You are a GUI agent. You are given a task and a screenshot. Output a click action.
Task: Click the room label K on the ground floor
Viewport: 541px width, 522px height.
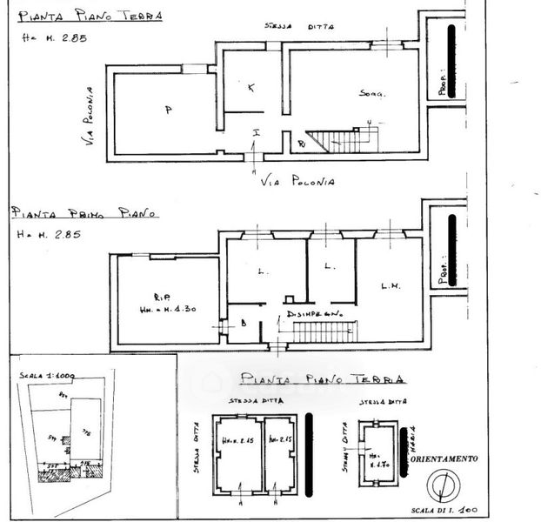coord(251,89)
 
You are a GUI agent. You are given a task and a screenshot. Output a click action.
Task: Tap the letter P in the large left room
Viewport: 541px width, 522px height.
coord(166,110)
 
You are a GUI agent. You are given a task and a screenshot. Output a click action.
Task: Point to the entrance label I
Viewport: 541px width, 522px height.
coord(257,132)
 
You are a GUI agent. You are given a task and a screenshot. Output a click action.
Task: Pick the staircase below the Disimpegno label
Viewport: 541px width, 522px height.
coord(324,331)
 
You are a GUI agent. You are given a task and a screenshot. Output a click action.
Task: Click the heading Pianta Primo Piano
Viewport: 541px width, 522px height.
coord(84,212)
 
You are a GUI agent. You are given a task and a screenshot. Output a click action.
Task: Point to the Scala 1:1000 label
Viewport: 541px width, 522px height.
coord(47,375)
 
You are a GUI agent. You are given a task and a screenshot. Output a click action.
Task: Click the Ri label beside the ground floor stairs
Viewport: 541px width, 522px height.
coord(301,143)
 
